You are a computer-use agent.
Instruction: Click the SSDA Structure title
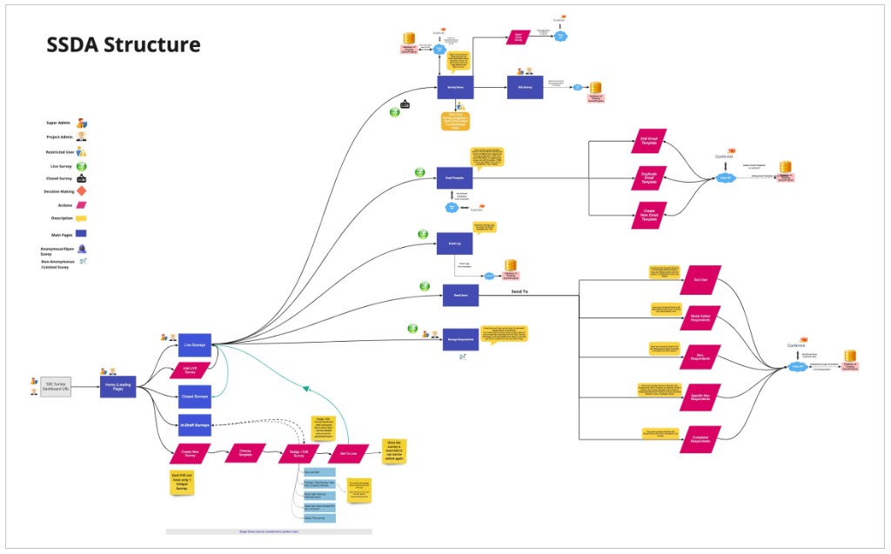tap(123, 44)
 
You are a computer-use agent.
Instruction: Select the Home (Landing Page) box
tap(117, 385)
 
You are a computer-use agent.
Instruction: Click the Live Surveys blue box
tap(196, 344)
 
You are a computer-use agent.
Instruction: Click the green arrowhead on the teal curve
tap(307, 388)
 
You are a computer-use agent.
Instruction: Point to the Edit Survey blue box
tap(525, 87)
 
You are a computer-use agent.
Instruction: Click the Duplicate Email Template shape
tap(649, 179)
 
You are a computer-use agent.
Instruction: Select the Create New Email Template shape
tap(649, 215)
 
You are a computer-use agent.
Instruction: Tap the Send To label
tap(519, 291)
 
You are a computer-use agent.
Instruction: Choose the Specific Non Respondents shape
tap(700, 397)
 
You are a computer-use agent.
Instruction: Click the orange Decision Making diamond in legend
tap(82, 190)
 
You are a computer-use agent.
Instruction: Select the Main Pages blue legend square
tap(82, 233)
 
